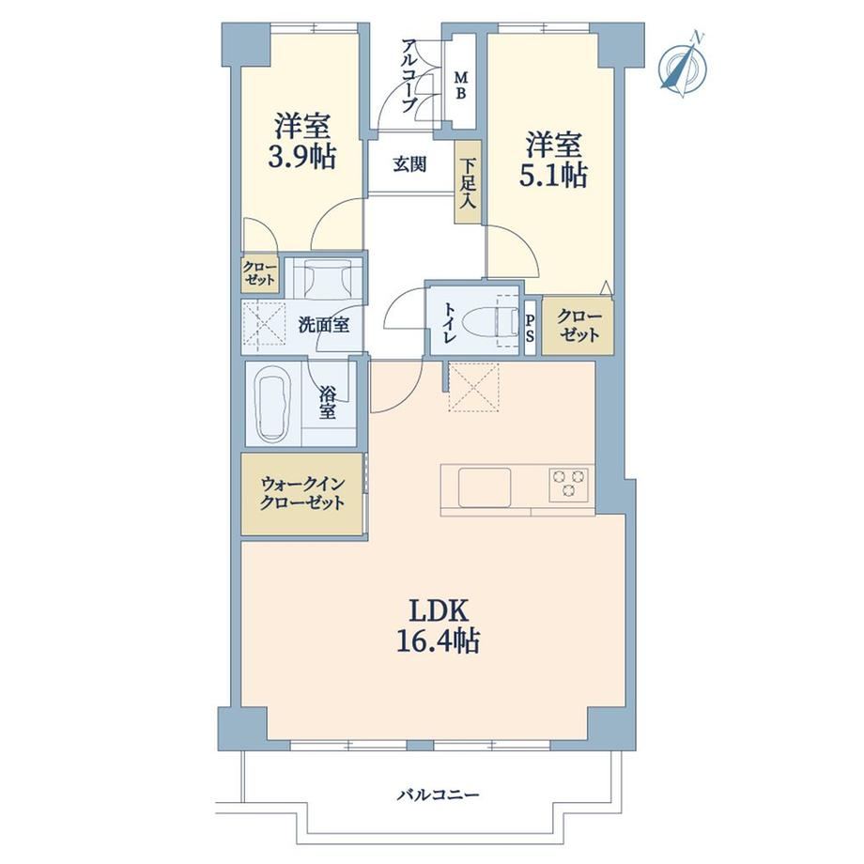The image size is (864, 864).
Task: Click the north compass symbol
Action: click(x=684, y=65)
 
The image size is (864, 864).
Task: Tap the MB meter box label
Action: click(x=460, y=85)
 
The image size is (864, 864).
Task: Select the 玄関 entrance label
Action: click(x=409, y=163)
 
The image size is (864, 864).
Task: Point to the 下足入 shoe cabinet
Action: click(x=468, y=181)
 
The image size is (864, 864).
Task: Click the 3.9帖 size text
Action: click(x=302, y=157)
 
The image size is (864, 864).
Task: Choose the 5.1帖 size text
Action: click(x=553, y=175)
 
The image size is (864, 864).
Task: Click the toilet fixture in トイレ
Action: click(x=491, y=321)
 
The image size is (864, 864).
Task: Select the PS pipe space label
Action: click(x=530, y=328)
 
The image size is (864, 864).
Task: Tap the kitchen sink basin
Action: click(x=485, y=487)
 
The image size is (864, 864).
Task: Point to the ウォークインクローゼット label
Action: click(x=302, y=493)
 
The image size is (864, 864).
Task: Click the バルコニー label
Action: click(x=438, y=795)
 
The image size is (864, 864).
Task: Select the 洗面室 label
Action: click(x=323, y=325)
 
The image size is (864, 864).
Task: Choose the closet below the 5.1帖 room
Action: click(x=578, y=326)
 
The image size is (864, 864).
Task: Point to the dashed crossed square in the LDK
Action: click(x=474, y=386)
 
